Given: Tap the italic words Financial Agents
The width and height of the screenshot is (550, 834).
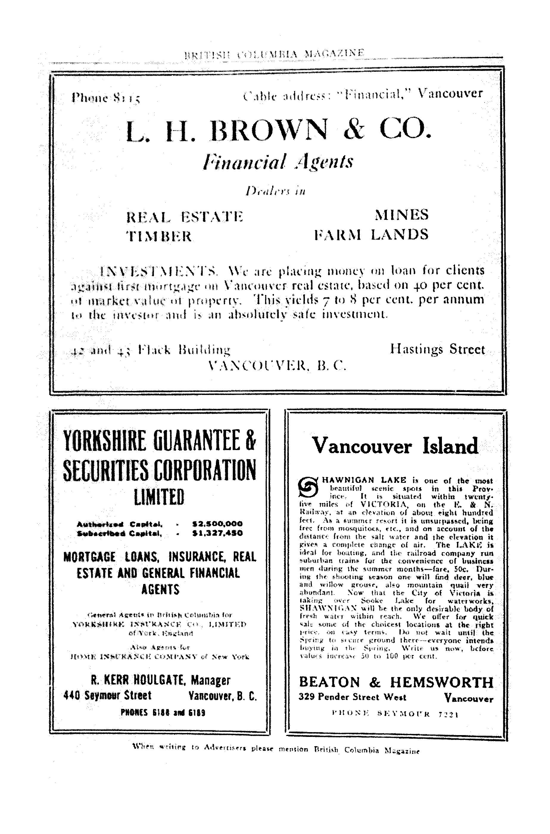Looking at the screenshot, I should point(278,162).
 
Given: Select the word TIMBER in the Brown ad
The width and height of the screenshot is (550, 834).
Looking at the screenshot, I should point(159,236).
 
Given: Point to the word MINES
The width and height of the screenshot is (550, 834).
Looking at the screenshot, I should point(402,214).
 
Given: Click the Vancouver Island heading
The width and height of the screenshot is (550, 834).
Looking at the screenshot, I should point(395,446).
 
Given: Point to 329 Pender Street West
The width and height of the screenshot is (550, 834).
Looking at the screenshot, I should point(352,697).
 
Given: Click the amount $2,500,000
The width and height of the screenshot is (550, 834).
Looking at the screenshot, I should point(217,524).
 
